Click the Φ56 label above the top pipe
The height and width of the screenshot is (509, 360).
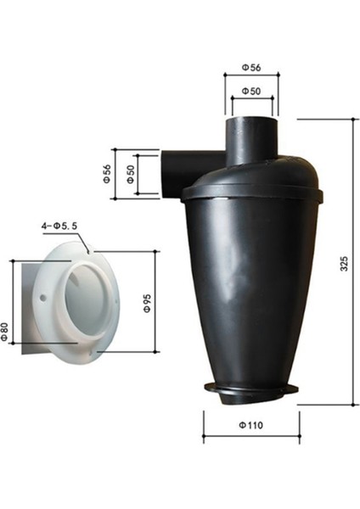[x=250, y=67]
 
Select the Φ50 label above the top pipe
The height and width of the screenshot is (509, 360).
[x=250, y=90]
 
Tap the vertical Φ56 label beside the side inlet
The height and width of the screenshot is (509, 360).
[x=106, y=175]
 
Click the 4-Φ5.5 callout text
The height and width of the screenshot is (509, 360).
[x=60, y=227]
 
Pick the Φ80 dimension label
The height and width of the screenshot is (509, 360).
[x=5, y=330]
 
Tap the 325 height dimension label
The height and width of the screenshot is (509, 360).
[x=343, y=264]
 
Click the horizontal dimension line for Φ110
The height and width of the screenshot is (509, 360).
[x=251, y=438]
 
